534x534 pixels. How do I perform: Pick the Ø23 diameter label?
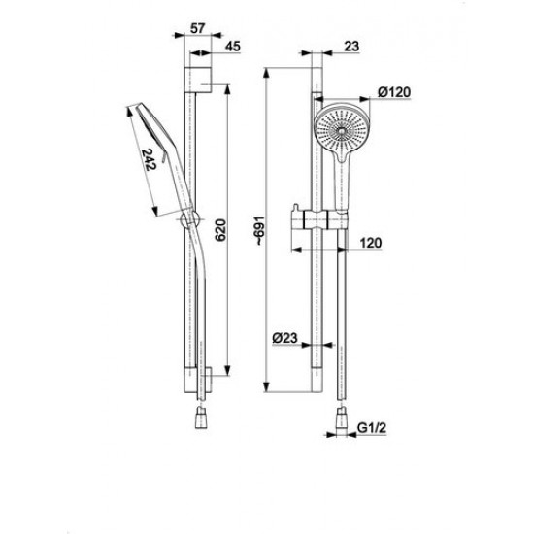point(285,339)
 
